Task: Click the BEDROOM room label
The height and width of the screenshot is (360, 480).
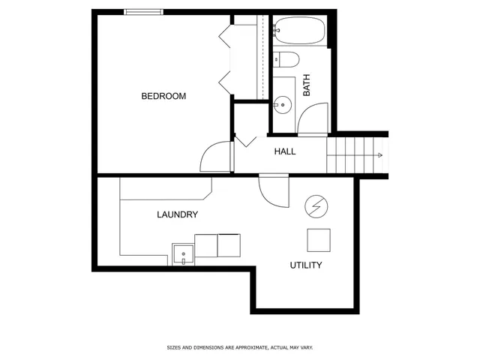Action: tap(163, 96)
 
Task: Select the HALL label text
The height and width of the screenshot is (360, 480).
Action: tap(284, 151)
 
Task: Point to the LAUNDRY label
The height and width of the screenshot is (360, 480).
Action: tap(177, 214)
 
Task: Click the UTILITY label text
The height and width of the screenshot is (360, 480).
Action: tap(306, 265)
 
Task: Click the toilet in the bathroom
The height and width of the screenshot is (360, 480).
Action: tap(287, 59)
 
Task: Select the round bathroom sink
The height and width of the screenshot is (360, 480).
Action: tap(283, 104)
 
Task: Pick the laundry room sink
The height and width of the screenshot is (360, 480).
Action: tap(183, 255)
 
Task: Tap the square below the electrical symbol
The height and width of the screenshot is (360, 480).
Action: tap(319, 239)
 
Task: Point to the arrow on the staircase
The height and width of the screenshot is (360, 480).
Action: tap(381, 155)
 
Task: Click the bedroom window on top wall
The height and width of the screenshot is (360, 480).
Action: tap(143, 11)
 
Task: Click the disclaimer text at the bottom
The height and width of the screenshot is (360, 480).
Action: tap(239, 348)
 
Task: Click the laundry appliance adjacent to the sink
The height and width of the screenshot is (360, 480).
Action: tap(205, 244)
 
